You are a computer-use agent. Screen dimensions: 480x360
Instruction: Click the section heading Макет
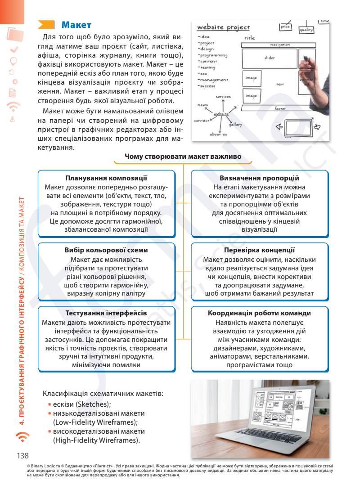coord(76,24)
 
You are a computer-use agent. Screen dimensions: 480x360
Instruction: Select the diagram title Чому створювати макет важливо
coord(184,157)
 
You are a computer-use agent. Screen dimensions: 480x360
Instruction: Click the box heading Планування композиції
coord(106,178)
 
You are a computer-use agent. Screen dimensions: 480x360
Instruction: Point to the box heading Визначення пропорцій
coord(259,178)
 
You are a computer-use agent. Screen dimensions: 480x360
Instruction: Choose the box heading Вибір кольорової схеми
coord(106,250)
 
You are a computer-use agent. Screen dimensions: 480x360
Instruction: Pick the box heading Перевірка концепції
coord(259,250)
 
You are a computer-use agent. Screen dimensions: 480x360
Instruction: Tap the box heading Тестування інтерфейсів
coord(106,313)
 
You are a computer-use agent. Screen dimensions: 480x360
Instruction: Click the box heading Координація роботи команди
coord(259,313)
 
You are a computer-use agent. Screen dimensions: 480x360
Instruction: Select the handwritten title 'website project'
coord(224,27)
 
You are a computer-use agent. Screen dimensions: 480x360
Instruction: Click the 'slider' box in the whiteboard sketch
coord(269,58)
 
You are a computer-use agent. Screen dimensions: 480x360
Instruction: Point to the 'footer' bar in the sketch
coord(280,108)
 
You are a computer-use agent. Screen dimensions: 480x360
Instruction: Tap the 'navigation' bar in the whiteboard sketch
coord(280,45)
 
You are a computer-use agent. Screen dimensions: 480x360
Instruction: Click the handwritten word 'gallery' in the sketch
coord(235,125)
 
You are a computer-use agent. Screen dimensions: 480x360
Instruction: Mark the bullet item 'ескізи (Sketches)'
coord(81,404)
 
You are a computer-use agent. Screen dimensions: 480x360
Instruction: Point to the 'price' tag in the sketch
coord(285,27)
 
